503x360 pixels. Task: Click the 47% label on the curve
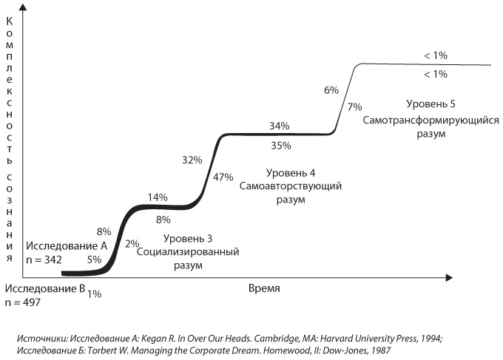[223, 177]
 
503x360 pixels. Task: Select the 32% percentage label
[192, 160]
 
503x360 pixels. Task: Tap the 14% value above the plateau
[157, 197]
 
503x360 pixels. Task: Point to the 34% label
[280, 126]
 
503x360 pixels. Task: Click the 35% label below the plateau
[280, 146]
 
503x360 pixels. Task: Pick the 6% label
[331, 90]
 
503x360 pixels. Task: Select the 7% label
[354, 106]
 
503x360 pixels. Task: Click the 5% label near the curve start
[94, 259]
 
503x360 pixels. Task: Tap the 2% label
[132, 243]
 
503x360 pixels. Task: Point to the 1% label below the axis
[94, 294]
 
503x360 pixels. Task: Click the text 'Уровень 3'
[188, 238]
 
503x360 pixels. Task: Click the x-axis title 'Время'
[265, 288]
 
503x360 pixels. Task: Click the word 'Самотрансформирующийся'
[431, 120]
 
